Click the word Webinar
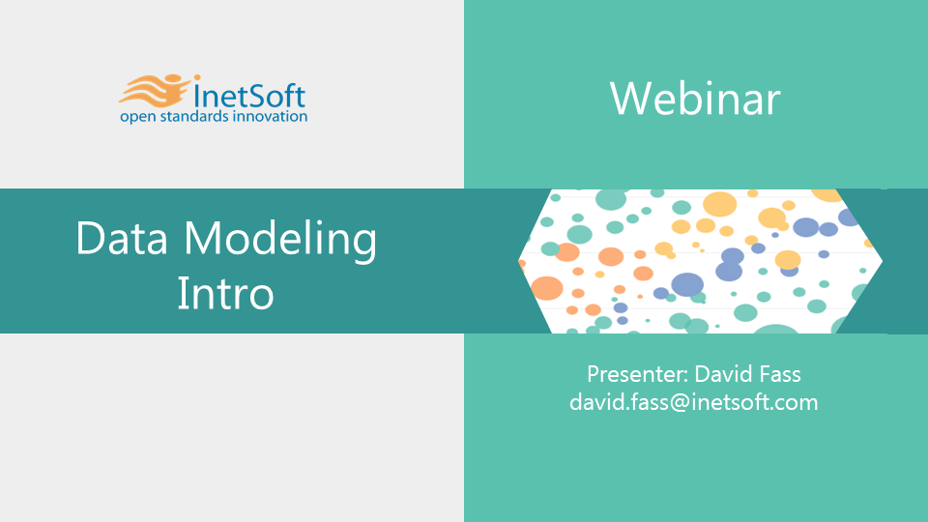[695, 99]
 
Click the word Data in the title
[122, 238]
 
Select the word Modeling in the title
[280, 241]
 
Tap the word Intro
[225, 293]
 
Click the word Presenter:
[637, 375]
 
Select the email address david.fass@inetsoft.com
[694, 402]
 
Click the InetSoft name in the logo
[249, 96]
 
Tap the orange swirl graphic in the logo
[155, 91]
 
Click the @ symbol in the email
[680, 403]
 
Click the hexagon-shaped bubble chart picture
[700, 261]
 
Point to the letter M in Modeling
[203, 238]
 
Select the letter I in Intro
[181, 293]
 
